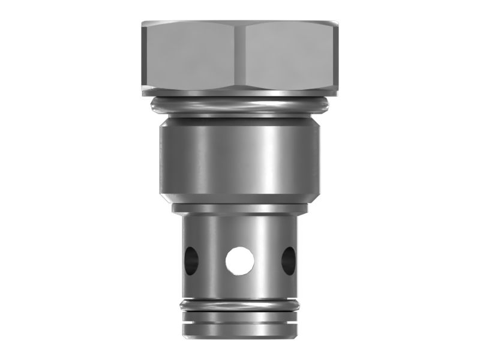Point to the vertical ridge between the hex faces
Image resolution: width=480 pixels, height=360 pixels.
241,57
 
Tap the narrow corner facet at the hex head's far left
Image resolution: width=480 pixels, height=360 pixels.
145,57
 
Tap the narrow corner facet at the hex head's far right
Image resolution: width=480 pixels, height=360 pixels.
337,57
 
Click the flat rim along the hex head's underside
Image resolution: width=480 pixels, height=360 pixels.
240,93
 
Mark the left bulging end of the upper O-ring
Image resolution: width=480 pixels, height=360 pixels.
154,106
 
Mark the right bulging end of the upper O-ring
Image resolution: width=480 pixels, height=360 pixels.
327,106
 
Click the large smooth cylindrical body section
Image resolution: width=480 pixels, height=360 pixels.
240,159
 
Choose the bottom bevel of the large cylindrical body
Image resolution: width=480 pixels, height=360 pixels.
240,198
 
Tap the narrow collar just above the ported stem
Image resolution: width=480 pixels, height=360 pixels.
240,209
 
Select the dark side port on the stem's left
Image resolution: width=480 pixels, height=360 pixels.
190,259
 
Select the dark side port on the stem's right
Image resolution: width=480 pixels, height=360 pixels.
289,259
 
